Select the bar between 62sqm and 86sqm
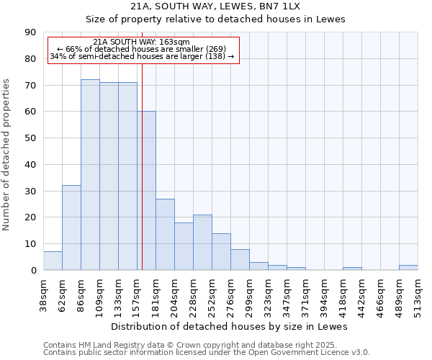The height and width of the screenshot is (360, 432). (71, 228)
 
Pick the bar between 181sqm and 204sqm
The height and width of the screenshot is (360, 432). (165, 235)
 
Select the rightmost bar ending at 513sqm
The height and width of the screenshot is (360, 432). (408, 268)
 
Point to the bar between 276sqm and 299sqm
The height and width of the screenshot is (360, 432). (240, 260)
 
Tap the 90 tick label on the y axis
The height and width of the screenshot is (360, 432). (30, 32)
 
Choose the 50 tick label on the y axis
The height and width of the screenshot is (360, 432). (30, 138)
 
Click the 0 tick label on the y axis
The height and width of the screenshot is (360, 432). (33, 270)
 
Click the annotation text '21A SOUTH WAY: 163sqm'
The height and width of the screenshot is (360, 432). (142, 42)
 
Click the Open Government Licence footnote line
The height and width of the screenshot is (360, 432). (207, 352)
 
